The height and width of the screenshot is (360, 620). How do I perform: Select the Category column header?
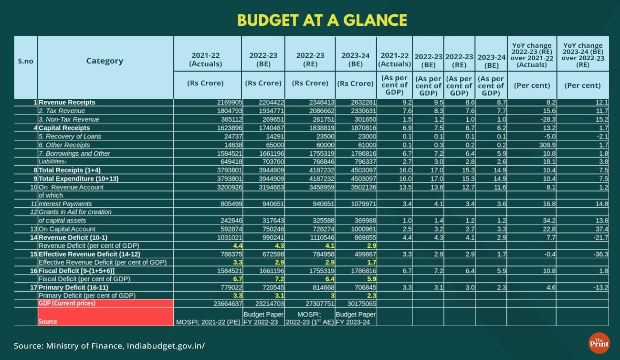coord(105,61)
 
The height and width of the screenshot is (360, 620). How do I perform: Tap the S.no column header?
coord(25,61)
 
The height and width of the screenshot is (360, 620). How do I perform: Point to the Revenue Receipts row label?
coord(67,102)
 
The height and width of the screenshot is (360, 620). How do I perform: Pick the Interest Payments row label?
coord(65,204)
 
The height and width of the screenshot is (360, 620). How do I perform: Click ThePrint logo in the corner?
coord(599,343)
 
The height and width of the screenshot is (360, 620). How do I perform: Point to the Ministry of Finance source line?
coord(109,345)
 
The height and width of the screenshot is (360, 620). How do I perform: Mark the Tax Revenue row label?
coord(62,111)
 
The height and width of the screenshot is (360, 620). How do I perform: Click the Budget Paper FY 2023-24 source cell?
coord(356,318)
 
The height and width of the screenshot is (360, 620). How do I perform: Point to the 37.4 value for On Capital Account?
coord(601,229)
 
